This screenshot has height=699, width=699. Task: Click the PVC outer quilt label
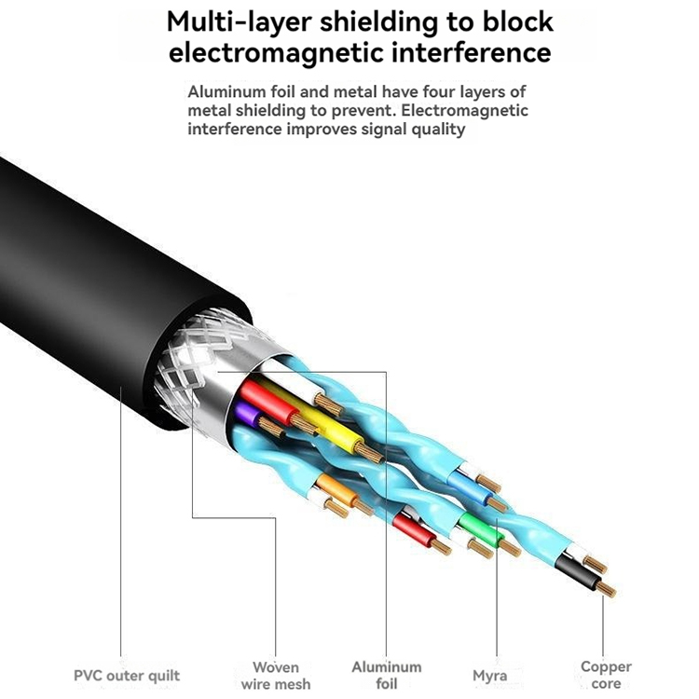(x=127, y=675)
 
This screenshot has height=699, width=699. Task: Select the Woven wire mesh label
(x=276, y=675)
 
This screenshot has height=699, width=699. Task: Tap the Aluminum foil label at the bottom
(x=386, y=675)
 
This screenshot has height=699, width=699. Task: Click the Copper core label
(x=605, y=675)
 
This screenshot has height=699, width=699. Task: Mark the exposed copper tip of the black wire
(x=607, y=588)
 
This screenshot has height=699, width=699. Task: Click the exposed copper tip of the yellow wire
(x=371, y=454)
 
